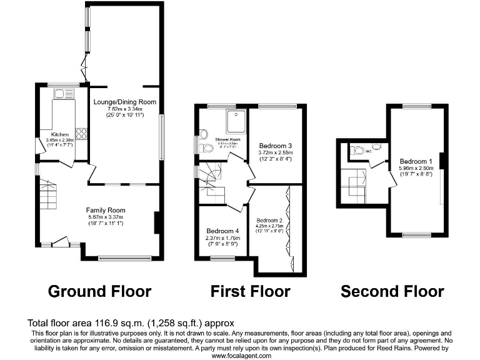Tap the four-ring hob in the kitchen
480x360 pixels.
click(x=81, y=132)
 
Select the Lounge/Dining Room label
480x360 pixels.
click(x=124, y=101)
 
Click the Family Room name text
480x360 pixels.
click(x=106, y=210)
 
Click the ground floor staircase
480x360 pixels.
click(x=49, y=195)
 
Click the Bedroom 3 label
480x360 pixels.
click(x=276, y=145)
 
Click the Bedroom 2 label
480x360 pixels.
click(x=269, y=220)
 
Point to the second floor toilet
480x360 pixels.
click(x=358, y=150)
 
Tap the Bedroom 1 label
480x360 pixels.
click(x=416, y=160)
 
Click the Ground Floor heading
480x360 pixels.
click(x=99, y=291)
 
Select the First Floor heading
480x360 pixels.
click(x=250, y=291)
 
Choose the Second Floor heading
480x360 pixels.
click(x=392, y=291)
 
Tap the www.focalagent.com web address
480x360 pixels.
click(x=241, y=356)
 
